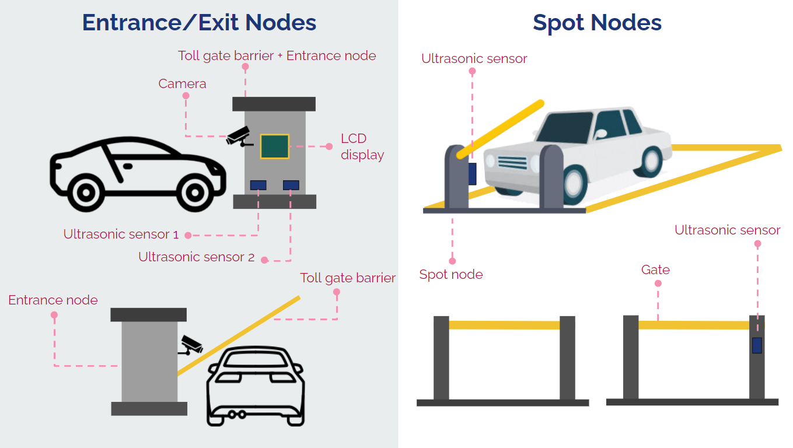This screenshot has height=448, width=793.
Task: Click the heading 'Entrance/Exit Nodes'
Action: [199, 22]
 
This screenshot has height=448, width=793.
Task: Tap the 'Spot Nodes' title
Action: [597, 23]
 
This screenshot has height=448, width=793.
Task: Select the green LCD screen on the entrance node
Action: [274, 146]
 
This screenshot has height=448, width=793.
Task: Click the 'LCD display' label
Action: [362, 147]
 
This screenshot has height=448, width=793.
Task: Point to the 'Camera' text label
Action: [182, 84]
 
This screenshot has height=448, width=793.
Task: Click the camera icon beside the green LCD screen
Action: [239, 136]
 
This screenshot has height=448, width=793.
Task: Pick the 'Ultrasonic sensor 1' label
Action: [121, 235]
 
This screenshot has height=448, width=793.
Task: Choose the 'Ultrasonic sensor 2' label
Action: [196, 257]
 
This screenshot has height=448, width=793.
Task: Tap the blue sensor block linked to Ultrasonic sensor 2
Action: [291, 185]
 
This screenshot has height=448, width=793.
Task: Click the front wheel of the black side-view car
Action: [194, 192]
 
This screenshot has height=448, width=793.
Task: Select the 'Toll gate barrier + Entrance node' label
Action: [277, 56]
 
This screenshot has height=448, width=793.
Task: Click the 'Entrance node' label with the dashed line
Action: [53, 300]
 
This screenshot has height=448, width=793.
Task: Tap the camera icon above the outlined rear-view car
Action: [191, 345]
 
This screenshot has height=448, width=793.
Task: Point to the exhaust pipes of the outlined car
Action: [236, 415]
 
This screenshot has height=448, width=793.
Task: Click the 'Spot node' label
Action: [451, 275]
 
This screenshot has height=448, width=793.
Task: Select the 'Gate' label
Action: [655, 270]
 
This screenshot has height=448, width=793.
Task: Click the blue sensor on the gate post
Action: [757, 345]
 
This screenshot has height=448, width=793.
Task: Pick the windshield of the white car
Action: [565, 127]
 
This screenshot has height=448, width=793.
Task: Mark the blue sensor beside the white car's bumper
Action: [472, 174]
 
